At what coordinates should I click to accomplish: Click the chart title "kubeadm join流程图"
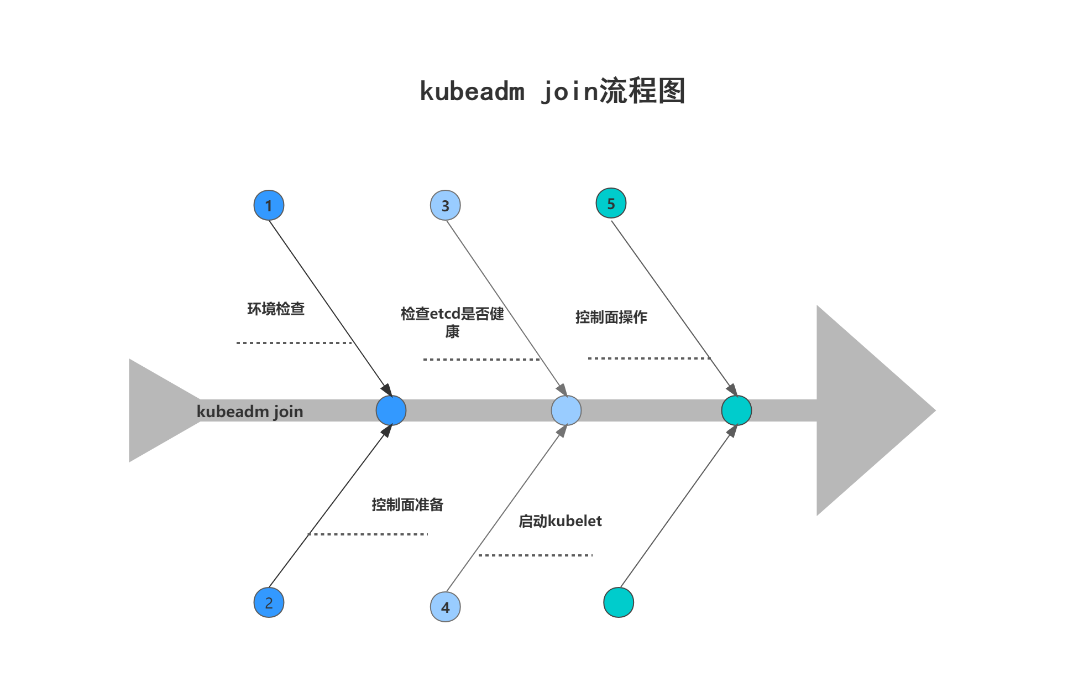pyautogui.click(x=552, y=91)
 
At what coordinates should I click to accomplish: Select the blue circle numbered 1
pyautogui.click(x=269, y=205)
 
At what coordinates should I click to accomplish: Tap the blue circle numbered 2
pyautogui.click(x=269, y=602)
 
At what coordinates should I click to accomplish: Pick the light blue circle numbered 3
pyautogui.click(x=445, y=205)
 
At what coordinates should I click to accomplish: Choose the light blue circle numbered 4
pyautogui.click(x=445, y=607)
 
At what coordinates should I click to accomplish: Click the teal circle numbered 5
pyautogui.click(x=611, y=203)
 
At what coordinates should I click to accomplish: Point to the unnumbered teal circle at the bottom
pyautogui.click(x=618, y=602)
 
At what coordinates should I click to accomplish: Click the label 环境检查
pyautogui.click(x=276, y=309)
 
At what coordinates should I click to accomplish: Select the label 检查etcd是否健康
pyautogui.click(x=452, y=322)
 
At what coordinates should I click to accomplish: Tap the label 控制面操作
pyautogui.click(x=611, y=317)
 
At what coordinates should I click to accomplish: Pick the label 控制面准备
pyautogui.click(x=407, y=504)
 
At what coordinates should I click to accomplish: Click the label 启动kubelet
pyautogui.click(x=560, y=521)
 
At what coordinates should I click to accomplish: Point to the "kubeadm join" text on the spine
pyautogui.click(x=250, y=412)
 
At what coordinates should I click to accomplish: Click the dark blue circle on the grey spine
pyautogui.click(x=391, y=410)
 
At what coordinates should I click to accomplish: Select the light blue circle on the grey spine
pyautogui.click(x=566, y=410)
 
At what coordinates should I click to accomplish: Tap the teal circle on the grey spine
pyautogui.click(x=736, y=410)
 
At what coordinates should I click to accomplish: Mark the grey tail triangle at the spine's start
pyautogui.click(x=155, y=410)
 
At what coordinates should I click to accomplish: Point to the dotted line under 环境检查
pyautogui.click(x=294, y=343)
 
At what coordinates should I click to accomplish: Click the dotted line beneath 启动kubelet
pyautogui.click(x=535, y=555)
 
